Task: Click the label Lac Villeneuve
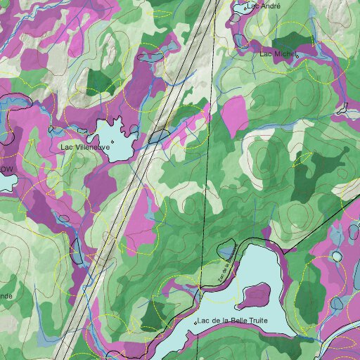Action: point(84,148)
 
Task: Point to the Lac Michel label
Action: point(276,53)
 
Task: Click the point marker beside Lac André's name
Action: point(245,9)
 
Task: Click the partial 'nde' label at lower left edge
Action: point(6,296)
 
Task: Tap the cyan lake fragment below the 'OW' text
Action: point(6,184)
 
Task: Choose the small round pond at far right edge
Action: point(338,255)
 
